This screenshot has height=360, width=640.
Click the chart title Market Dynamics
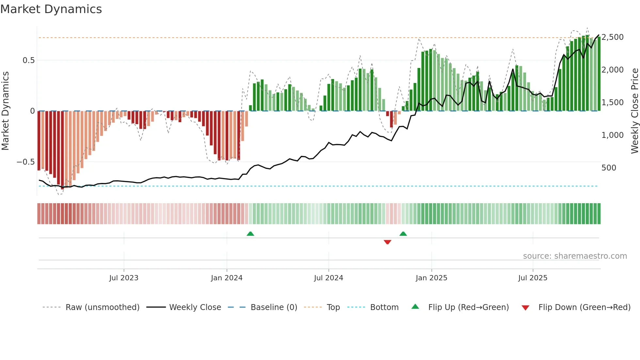coord(51,9)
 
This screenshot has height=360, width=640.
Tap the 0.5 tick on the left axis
coord(28,60)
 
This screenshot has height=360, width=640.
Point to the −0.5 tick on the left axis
coord(25,162)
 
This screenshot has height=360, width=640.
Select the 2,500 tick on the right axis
coord(613,37)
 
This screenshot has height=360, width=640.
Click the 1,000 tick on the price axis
coord(613,135)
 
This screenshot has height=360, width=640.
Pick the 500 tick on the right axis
coord(609,168)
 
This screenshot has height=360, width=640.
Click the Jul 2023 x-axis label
coord(124,278)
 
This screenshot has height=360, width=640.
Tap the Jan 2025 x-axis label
coord(431,278)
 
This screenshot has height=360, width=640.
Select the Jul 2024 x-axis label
coord(328,278)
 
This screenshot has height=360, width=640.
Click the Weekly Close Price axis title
coord(634,111)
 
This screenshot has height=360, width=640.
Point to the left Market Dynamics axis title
coord(5,111)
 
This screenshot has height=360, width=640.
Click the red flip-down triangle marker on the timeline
coord(388,242)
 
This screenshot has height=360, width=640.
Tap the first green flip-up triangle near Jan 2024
coord(250,234)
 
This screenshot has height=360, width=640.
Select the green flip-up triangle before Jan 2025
coord(403,234)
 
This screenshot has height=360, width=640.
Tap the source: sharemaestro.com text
coord(575,256)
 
